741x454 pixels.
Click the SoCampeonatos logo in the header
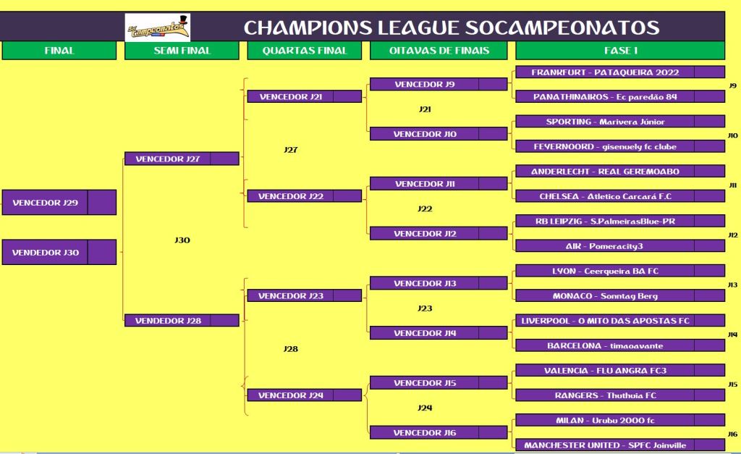(158, 28)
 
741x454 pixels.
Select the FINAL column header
(59, 51)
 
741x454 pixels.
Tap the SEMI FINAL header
(182, 51)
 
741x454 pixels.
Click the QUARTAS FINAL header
(305, 51)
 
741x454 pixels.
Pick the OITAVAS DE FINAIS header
(439, 51)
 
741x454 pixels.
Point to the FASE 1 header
(620, 51)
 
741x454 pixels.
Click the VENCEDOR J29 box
(59, 203)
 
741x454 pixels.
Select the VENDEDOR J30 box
(59, 252)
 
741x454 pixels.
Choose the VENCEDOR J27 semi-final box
(182, 159)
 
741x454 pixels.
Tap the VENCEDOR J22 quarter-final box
(305, 196)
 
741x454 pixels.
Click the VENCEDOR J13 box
(439, 283)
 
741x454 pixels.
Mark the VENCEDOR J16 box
(439, 432)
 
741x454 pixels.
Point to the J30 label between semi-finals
(182, 240)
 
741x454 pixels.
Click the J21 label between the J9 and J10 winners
(425, 109)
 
